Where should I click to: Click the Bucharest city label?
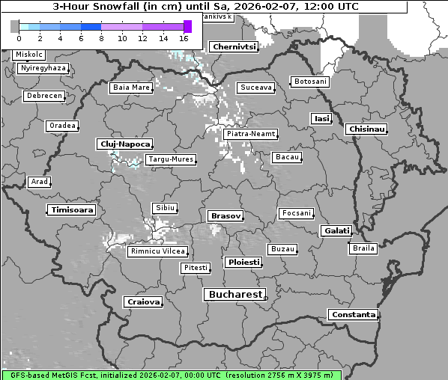pos(235,295)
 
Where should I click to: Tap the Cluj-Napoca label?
pos(124,144)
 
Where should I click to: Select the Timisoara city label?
pos(72,210)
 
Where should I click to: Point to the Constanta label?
pos(353,315)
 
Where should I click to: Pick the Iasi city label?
pos(321,118)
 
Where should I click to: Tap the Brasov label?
pos(225,216)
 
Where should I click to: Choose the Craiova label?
pos(143,302)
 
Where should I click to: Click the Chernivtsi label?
pos(234,46)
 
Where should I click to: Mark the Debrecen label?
pos(43,96)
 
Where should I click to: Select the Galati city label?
pos(336,231)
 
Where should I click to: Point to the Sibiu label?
pos(164,207)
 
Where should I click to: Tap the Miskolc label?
pos(29,55)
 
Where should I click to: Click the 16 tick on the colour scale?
pos(184,37)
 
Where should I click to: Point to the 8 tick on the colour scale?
pos(101,37)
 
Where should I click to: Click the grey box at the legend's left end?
pos(15,26)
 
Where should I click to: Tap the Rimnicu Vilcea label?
pos(158,251)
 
